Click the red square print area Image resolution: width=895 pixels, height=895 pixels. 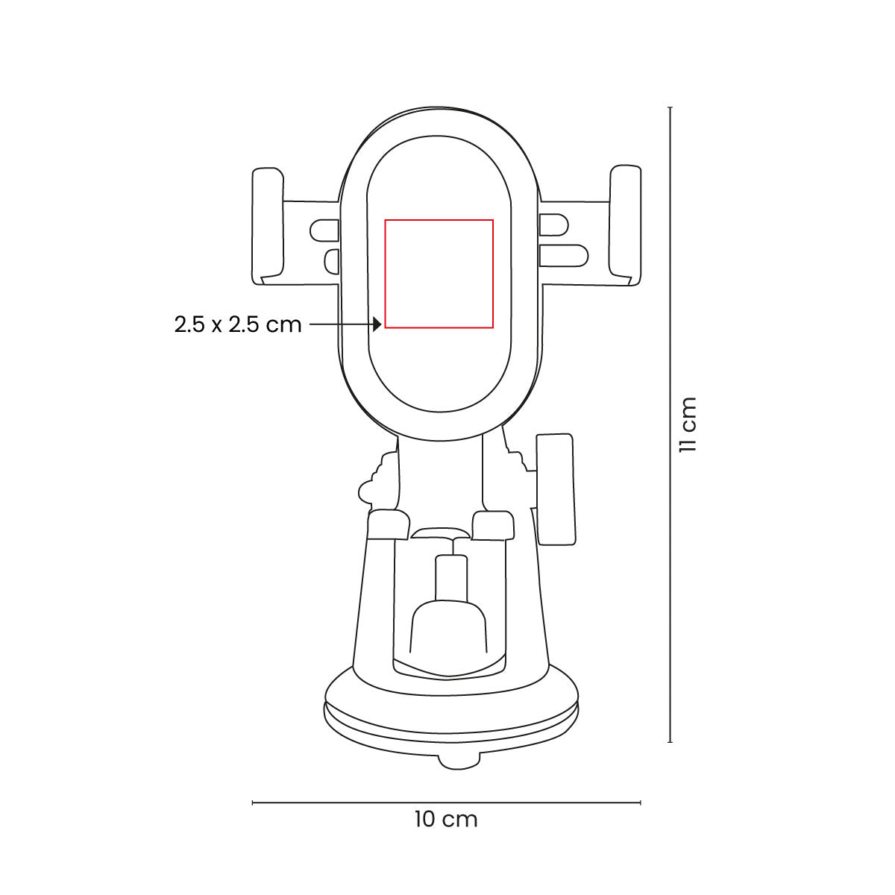pos(439,273)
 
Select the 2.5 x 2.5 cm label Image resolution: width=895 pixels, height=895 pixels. pos(238,324)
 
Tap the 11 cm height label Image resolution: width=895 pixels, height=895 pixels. pos(687,424)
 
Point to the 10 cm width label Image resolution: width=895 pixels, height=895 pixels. pos(446,819)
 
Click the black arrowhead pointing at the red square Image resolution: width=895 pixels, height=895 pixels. pos(378,324)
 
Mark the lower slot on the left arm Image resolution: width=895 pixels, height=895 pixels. pos(332,260)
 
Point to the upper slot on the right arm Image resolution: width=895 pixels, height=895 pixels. pos(553,222)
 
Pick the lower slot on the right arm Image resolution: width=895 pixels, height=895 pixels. pos(562,255)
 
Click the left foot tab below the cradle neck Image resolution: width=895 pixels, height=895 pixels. pos(389,524)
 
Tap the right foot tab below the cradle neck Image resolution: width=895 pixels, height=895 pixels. pos(494,525)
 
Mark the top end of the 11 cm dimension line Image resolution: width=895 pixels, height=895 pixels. pos(671,108)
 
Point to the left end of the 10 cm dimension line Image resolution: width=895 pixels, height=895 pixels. pos(254,803)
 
